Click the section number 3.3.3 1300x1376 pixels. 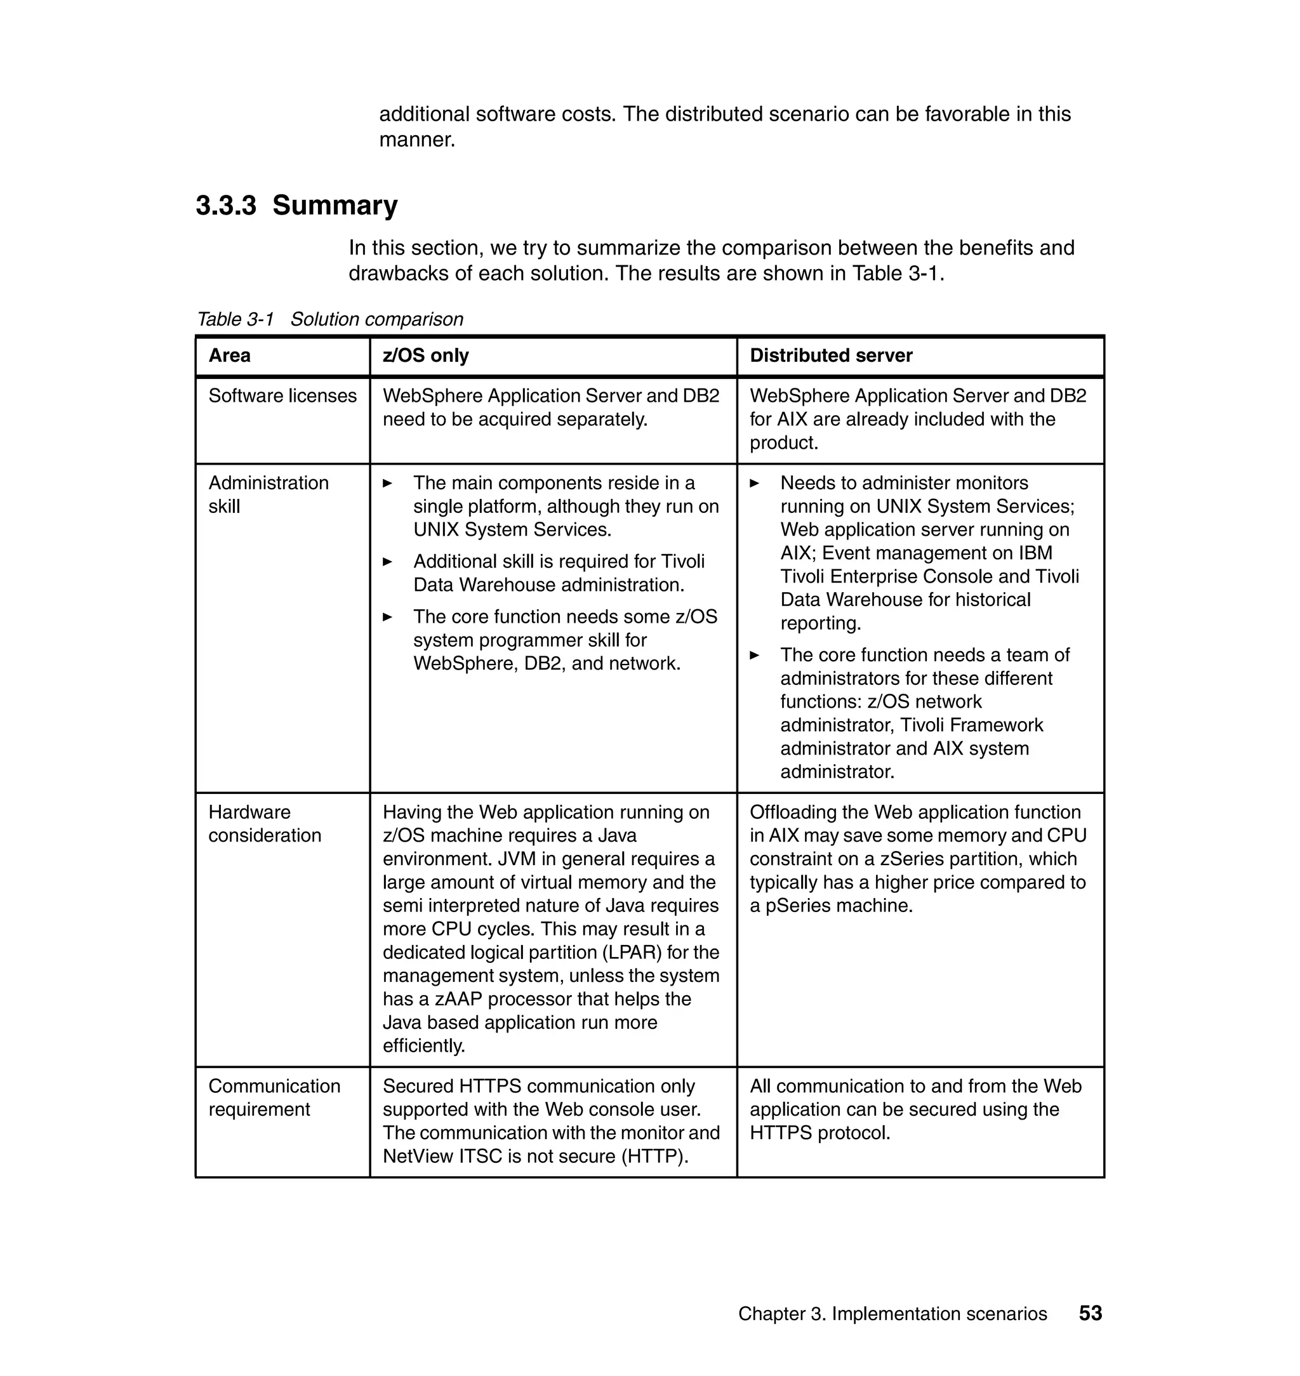[x=225, y=206]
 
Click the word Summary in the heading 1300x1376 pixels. [x=335, y=206]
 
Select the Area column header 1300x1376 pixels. [x=229, y=355]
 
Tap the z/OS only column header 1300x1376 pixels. [x=425, y=355]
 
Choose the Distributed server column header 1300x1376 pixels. [x=830, y=355]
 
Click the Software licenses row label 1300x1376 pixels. [x=282, y=395]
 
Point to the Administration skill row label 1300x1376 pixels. [x=268, y=494]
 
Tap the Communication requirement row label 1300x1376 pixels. [x=274, y=1097]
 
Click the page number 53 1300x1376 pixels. [x=1090, y=1313]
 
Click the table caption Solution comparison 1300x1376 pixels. [x=376, y=319]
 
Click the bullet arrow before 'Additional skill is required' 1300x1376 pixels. [x=387, y=562]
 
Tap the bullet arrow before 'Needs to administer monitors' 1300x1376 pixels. [x=755, y=483]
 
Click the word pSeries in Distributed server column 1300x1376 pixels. [x=798, y=906]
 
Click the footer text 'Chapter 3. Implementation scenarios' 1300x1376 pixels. [x=892, y=1314]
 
